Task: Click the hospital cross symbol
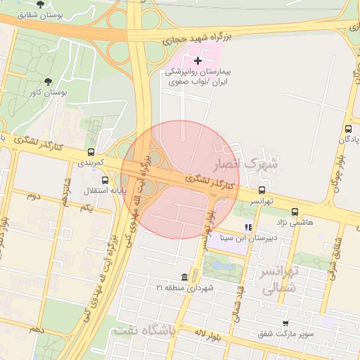pos(198,61)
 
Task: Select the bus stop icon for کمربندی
pos(90,152)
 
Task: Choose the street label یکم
pos(86,209)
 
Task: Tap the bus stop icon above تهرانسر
pos(262,190)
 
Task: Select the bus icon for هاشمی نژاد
pos(295,212)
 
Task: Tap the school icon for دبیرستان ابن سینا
pos(247,227)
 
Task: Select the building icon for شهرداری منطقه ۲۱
pos(184,277)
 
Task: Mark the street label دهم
pos(37,328)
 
